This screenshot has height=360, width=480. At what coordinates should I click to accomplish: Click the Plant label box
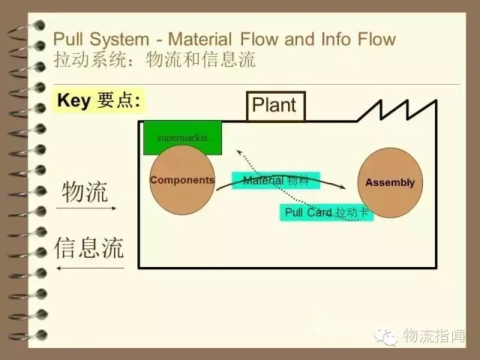click(274, 106)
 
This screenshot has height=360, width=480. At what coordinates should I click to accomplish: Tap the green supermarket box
click(182, 137)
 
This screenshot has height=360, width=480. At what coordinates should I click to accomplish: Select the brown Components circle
click(182, 180)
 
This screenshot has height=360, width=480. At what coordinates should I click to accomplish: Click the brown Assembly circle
click(389, 183)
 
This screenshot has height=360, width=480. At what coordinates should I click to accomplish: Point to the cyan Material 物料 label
click(276, 180)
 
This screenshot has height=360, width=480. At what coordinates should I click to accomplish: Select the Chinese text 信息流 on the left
click(88, 247)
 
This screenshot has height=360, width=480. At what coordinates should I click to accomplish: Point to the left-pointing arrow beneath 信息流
click(90, 268)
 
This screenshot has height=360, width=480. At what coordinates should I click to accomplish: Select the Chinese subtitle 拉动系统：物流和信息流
click(154, 60)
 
